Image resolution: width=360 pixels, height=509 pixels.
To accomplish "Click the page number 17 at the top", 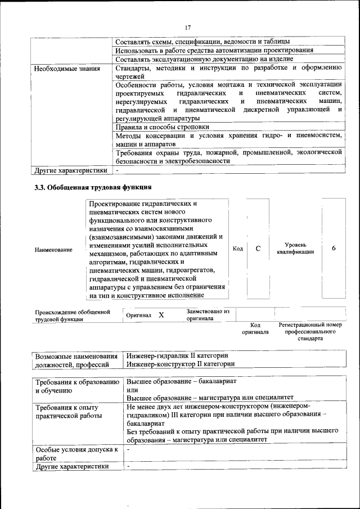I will (x=188, y=26).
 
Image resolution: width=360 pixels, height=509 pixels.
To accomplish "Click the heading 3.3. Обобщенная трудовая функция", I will (x=93, y=187).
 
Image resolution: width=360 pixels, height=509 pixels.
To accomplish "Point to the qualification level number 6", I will (x=334, y=248).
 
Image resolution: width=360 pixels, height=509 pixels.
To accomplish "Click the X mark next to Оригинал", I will (x=161, y=316).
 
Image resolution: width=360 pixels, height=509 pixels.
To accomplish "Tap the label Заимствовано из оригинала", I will (x=208, y=314).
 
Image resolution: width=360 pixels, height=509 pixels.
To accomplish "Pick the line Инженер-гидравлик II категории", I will (x=177, y=355).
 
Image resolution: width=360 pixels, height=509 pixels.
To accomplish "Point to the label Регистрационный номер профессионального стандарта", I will (x=310, y=332).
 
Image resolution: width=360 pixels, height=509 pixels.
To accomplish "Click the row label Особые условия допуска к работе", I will (x=76, y=454).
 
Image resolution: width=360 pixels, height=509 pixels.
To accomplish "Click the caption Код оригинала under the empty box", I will (x=255, y=328).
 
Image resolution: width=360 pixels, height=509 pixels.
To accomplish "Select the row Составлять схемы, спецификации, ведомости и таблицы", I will (x=202, y=42).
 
